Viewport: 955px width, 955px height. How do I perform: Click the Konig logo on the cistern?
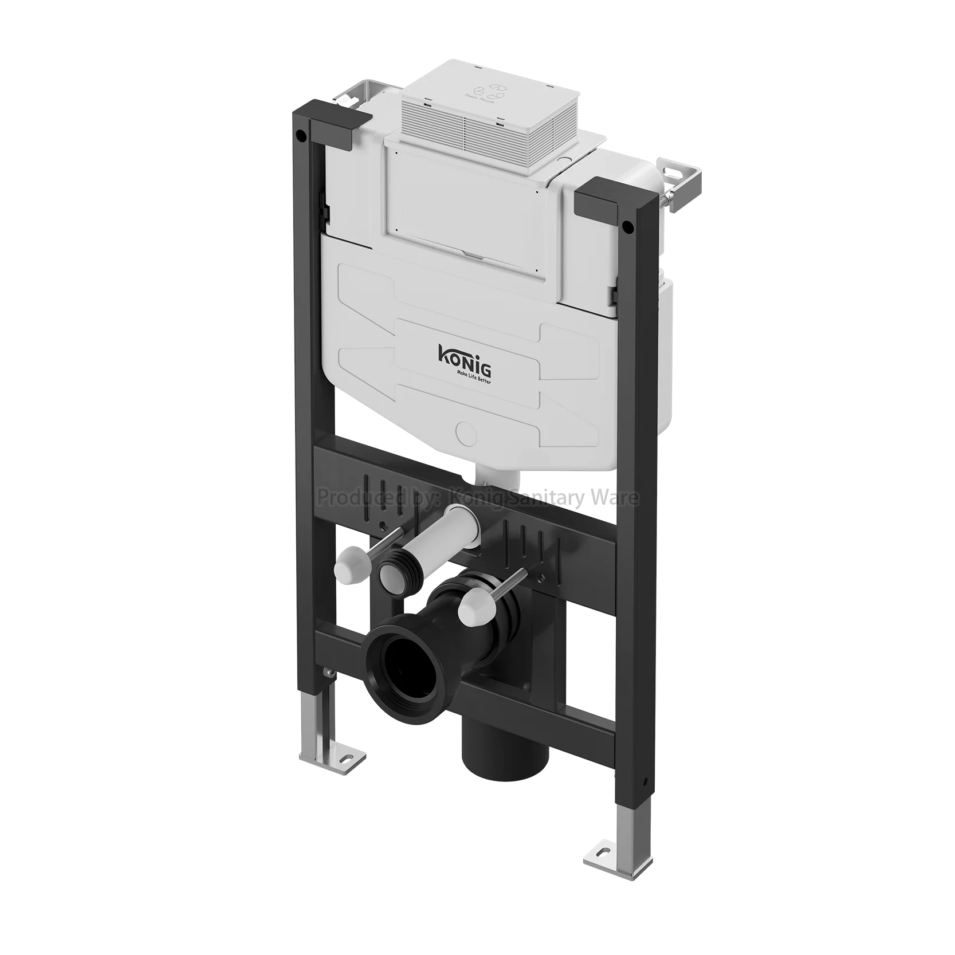460,354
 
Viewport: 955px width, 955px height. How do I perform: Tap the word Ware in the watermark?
616,497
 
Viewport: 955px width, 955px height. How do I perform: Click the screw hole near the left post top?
300,136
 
